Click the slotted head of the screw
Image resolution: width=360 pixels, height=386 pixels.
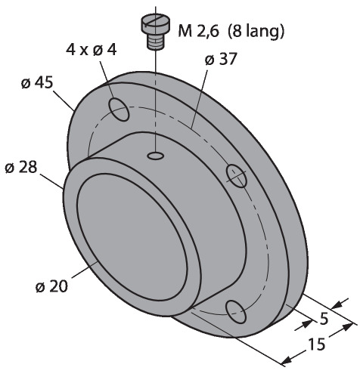(x=155, y=25)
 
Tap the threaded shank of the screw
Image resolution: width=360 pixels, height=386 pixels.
(x=155, y=42)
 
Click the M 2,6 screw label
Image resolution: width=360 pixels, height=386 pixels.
(x=198, y=31)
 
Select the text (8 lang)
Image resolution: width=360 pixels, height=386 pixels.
(x=256, y=31)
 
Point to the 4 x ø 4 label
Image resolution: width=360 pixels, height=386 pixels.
(x=92, y=50)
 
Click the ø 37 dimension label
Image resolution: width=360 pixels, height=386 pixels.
(x=221, y=59)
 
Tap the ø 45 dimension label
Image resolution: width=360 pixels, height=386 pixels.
(x=37, y=82)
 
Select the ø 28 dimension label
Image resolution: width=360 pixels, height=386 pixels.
(x=21, y=167)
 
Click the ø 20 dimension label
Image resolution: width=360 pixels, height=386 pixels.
(x=51, y=286)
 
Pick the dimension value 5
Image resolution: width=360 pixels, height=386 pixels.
(x=324, y=319)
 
